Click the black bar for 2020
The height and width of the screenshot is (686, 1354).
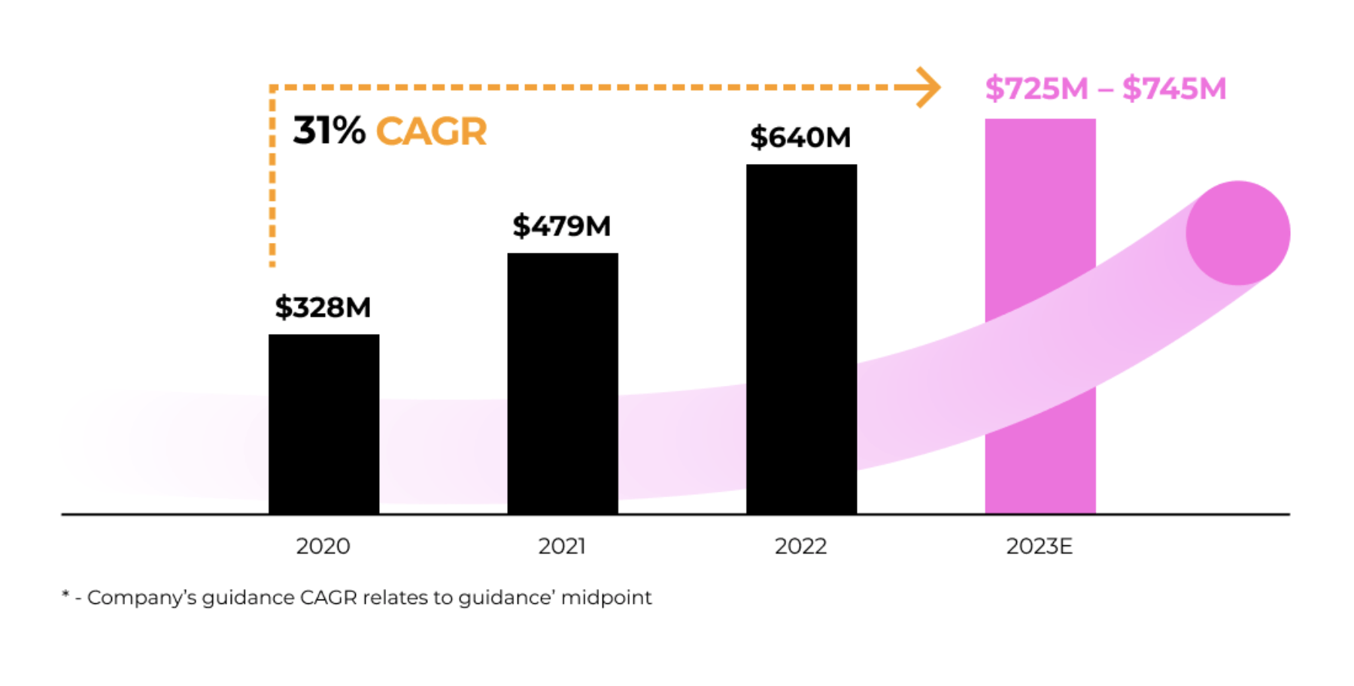click(323, 424)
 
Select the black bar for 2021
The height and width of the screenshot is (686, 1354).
click(563, 384)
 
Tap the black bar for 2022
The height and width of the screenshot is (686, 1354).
click(801, 338)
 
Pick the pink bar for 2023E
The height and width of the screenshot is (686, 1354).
click(1040, 316)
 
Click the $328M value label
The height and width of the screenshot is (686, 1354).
click(323, 308)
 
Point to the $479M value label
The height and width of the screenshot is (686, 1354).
click(562, 226)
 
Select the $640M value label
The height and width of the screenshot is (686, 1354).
click(800, 138)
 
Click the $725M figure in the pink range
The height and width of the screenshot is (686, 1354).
click(1037, 89)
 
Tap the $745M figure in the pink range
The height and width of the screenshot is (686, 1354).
click(1174, 89)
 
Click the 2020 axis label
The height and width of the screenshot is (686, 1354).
click(323, 546)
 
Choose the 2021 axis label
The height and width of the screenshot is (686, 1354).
click(562, 546)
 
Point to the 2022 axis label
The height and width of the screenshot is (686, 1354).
click(800, 546)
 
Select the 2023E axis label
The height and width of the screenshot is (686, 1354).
click(1039, 546)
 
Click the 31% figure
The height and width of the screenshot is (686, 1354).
click(329, 131)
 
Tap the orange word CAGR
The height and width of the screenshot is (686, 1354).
click(432, 132)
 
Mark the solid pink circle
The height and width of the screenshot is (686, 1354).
click(1237, 233)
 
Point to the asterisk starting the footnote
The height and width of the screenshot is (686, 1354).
click(66, 596)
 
